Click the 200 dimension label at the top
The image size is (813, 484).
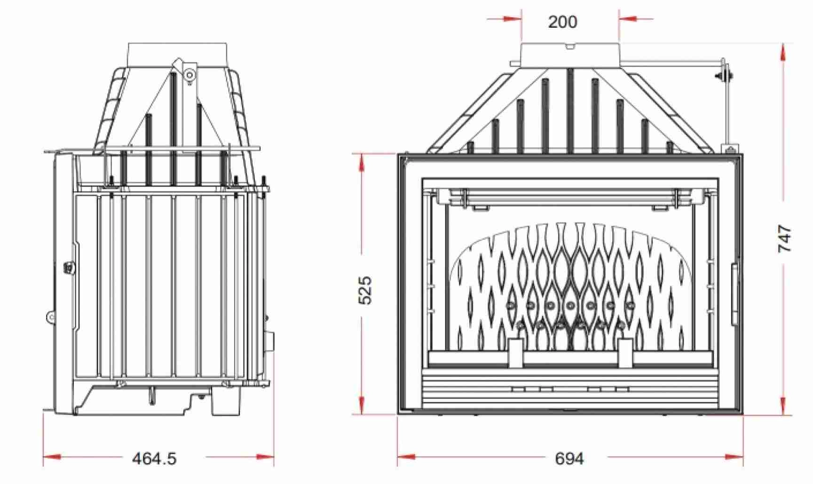(x=562, y=22)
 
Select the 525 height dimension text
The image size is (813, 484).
(x=365, y=290)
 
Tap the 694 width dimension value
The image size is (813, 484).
(x=569, y=458)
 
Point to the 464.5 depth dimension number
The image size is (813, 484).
(x=154, y=458)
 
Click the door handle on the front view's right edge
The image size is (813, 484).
(x=734, y=294)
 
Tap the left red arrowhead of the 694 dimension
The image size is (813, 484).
(x=406, y=457)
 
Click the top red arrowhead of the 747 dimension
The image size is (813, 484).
(x=783, y=52)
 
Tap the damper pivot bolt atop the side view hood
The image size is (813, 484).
(x=189, y=74)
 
